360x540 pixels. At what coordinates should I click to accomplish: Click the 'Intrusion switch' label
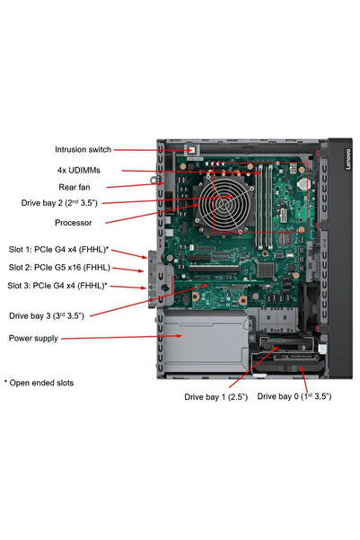click(x=83, y=150)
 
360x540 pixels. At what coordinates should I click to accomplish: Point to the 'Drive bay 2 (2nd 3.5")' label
click(x=66, y=203)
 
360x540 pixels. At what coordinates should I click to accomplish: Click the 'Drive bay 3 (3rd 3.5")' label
click(x=47, y=315)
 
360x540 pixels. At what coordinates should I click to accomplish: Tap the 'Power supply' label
click(x=33, y=339)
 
